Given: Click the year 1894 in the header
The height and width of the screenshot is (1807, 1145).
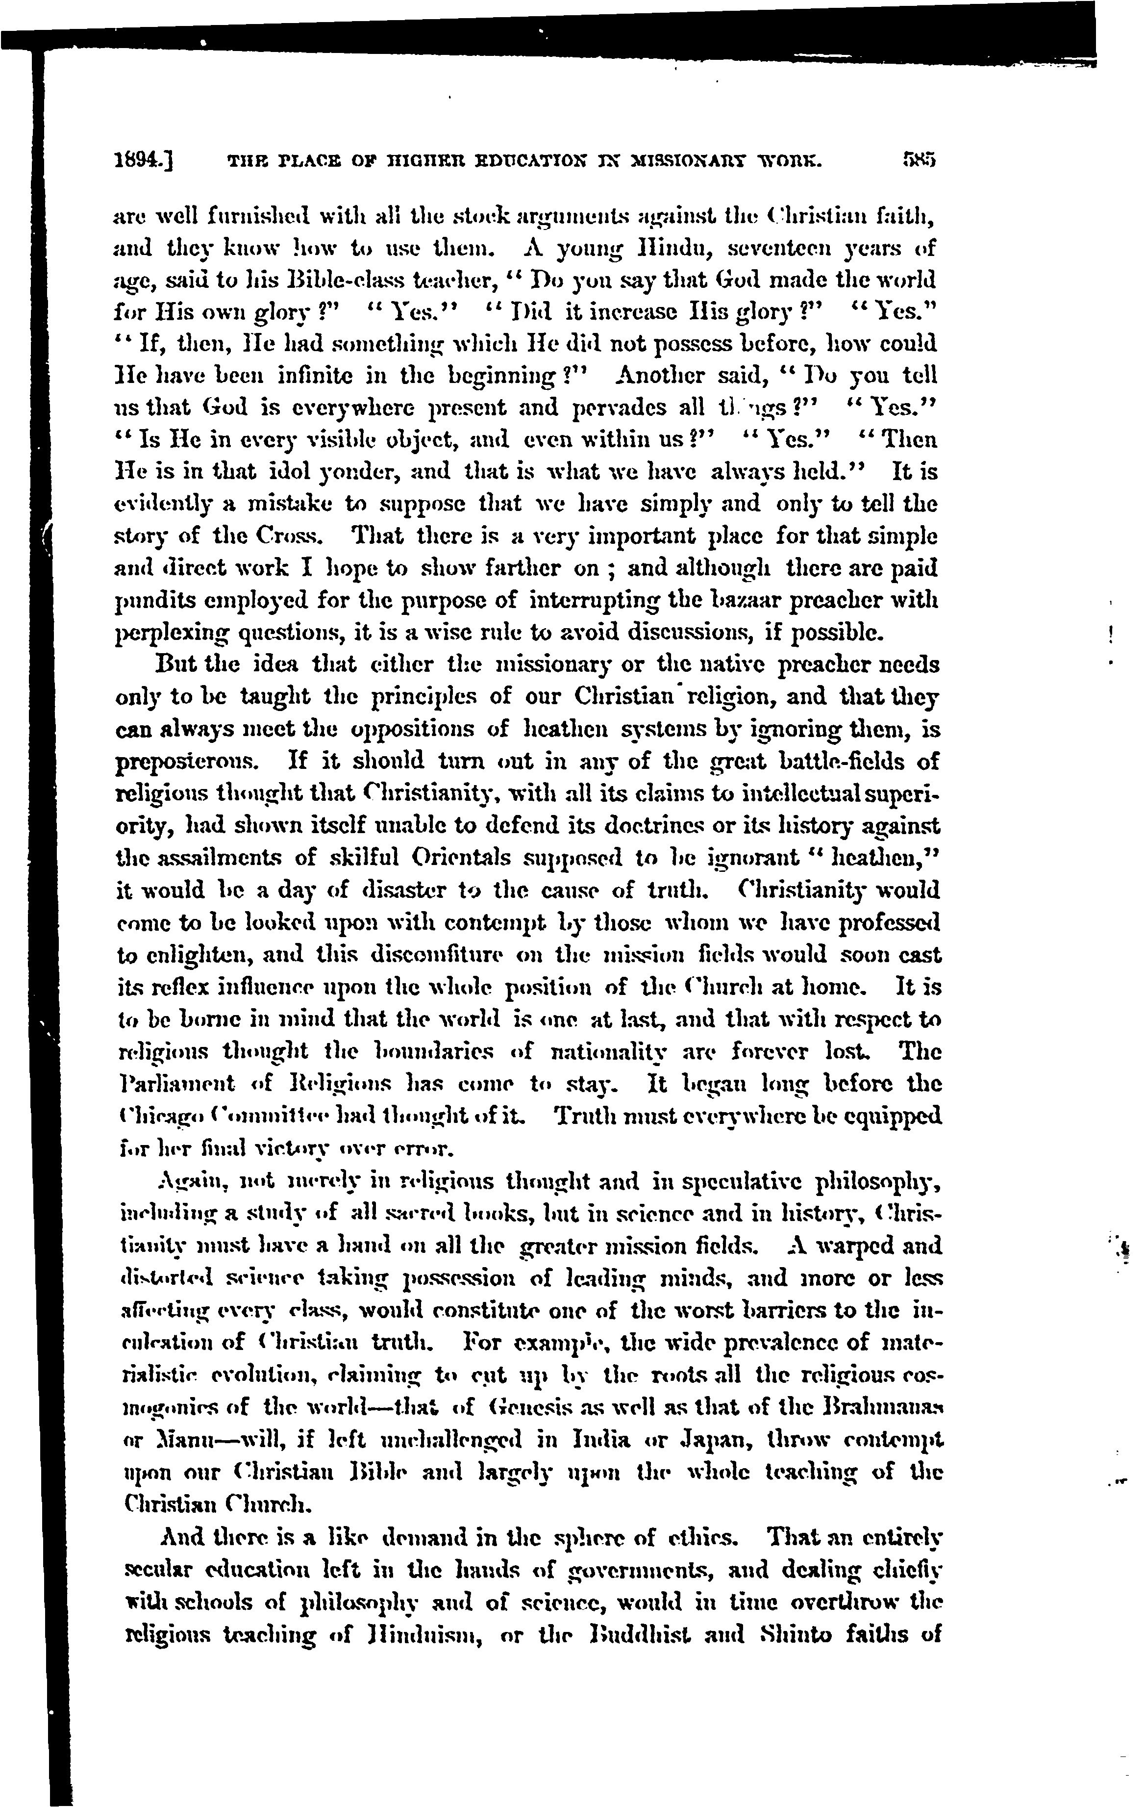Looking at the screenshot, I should coord(143,160).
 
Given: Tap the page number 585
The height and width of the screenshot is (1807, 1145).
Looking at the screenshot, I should coord(921,160).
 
